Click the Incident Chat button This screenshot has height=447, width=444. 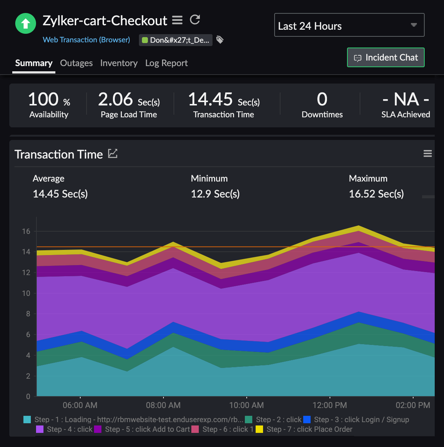pyautogui.click(x=386, y=58)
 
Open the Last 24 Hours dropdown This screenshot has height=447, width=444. pyautogui.click(x=349, y=26)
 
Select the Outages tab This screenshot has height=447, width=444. pyautogui.click(x=76, y=63)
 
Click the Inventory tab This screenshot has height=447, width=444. pyautogui.click(x=119, y=63)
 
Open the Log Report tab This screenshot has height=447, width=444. pyautogui.click(x=166, y=63)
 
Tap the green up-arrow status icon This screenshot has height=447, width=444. pyautogui.click(x=25, y=23)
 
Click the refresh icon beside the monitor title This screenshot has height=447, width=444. pyautogui.click(x=195, y=20)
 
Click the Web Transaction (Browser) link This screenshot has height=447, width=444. pyautogui.click(x=86, y=40)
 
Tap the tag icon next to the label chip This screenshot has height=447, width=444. pyautogui.click(x=220, y=40)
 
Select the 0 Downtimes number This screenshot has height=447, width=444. pyautogui.click(x=322, y=100)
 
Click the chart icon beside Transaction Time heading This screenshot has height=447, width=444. pyautogui.click(x=113, y=153)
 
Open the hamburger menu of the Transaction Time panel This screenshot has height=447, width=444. pyautogui.click(x=428, y=154)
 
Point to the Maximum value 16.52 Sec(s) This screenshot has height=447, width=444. pyautogui.click(x=376, y=194)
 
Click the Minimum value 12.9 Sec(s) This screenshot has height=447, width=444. pyautogui.click(x=215, y=194)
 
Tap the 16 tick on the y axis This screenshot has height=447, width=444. pyautogui.click(x=26, y=231)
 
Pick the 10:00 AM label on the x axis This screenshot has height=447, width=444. pyautogui.click(x=247, y=405)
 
